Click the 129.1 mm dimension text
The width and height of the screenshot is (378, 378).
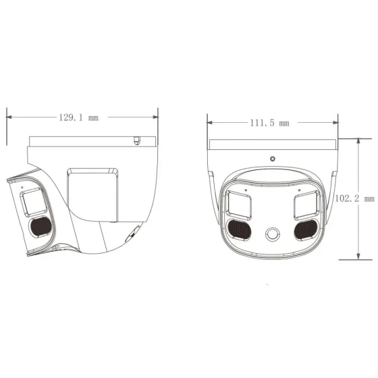coord(78,117)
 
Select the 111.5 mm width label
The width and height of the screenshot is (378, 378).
coord(269,123)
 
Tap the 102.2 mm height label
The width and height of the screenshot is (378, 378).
coord(354,198)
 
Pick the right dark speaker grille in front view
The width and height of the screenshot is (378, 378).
coord(306,230)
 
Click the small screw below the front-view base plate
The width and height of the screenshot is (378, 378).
coord(272,159)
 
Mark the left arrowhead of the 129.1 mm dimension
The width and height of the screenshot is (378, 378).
coord(9,116)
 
